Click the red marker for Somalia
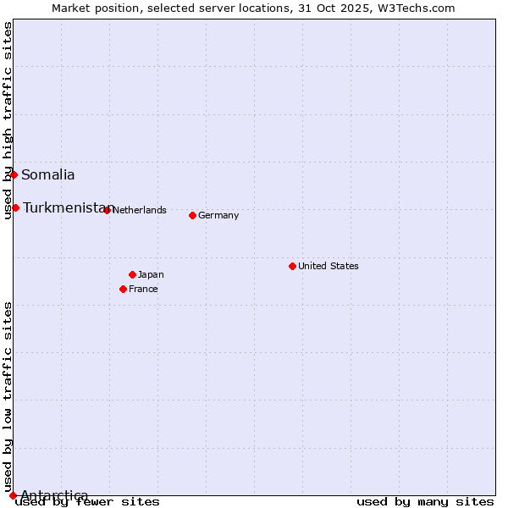(14, 174)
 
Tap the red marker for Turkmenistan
(15, 207)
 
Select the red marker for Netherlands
(107, 210)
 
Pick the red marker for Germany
(192, 215)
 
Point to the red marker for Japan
(132, 274)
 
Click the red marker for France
(123, 289)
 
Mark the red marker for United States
(292, 266)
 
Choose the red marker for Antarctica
(13, 495)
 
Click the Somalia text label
(48, 175)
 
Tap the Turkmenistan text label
(64, 207)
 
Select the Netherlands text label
(140, 210)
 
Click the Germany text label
(218, 215)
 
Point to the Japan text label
(151, 274)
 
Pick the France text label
(143, 289)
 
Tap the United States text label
(329, 266)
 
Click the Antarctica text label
(54, 495)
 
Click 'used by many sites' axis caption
(425, 501)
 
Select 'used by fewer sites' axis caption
(87, 501)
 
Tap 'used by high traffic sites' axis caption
(8, 120)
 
